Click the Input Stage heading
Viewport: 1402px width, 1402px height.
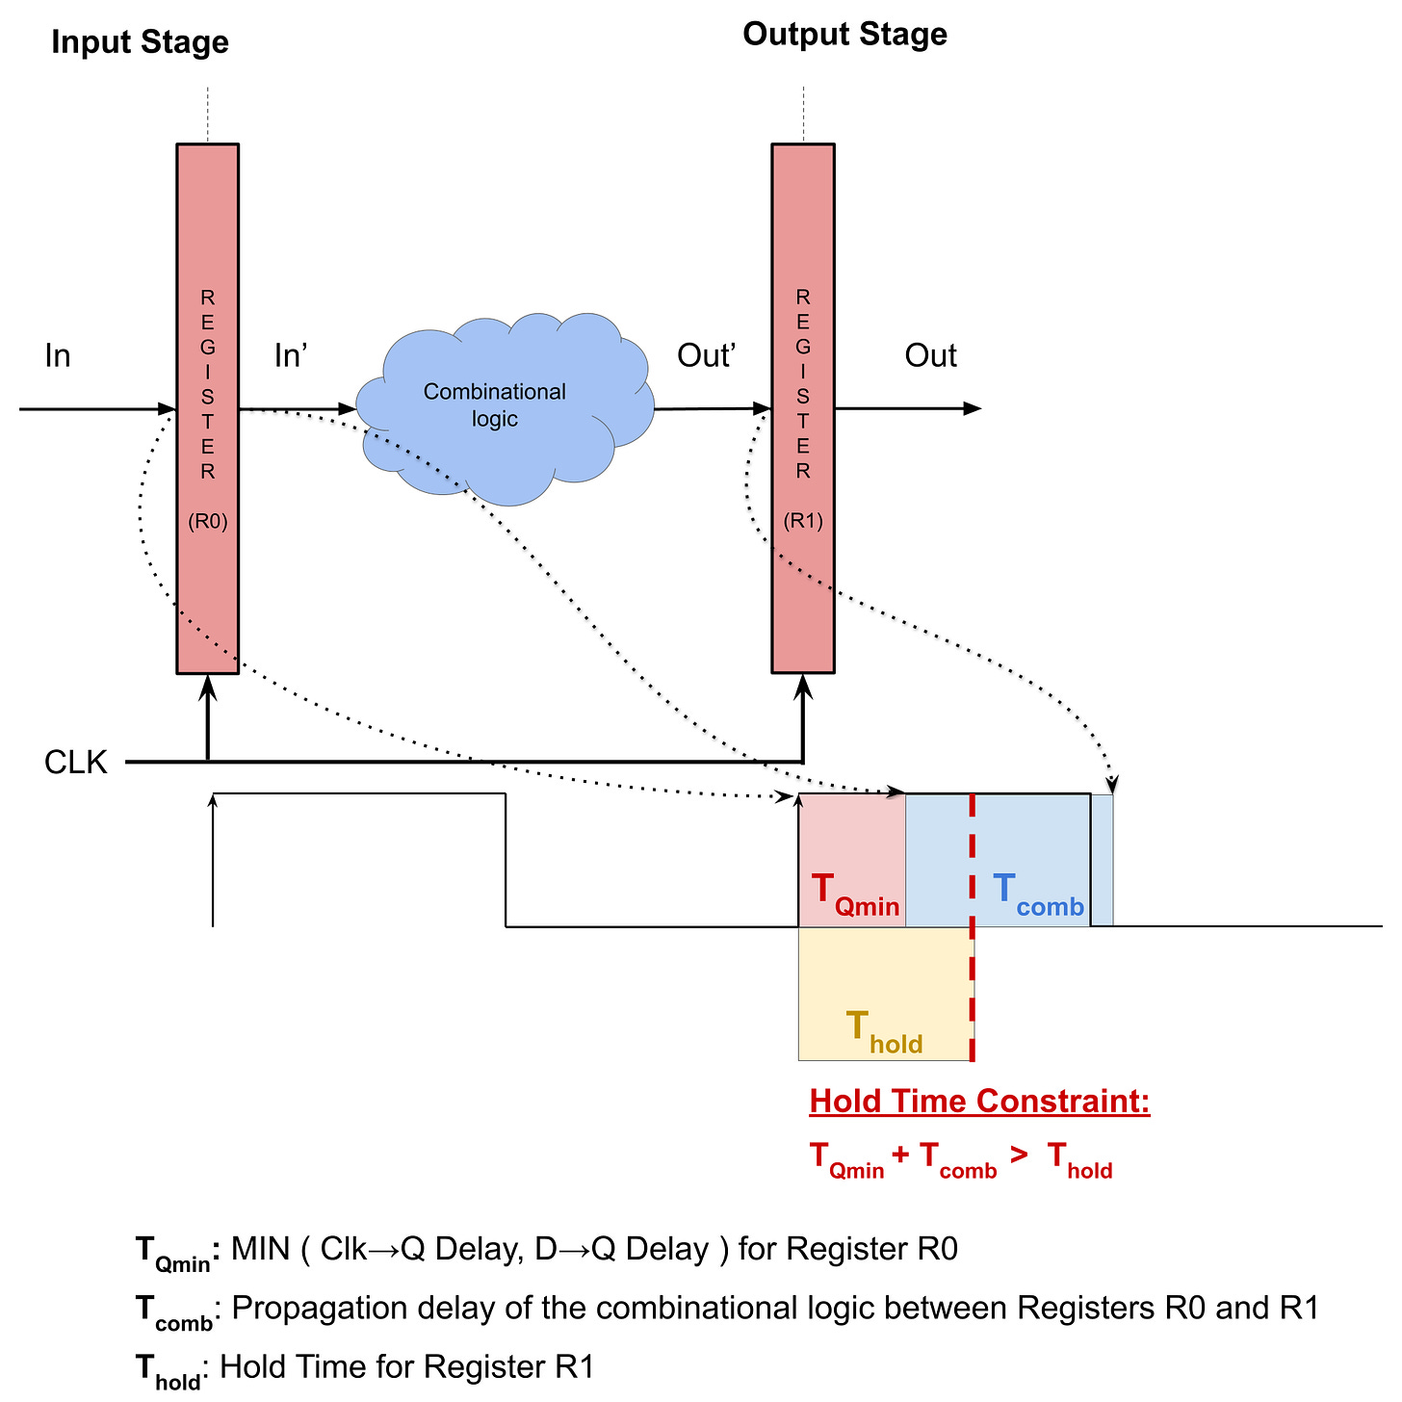click(x=140, y=42)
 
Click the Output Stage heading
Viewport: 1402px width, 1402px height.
click(x=844, y=35)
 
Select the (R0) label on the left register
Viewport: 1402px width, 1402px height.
click(x=207, y=522)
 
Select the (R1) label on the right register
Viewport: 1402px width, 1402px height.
click(x=803, y=521)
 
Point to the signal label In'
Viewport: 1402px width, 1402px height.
click(x=290, y=356)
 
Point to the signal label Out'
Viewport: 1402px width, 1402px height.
click(x=706, y=356)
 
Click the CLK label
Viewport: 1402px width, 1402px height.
click(x=76, y=763)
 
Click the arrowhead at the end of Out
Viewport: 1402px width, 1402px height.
click(x=973, y=408)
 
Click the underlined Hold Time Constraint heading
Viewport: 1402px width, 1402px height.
click(x=979, y=1101)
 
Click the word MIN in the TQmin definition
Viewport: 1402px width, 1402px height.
click(x=260, y=1249)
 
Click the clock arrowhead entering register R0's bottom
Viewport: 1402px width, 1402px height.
click(x=207, y=685)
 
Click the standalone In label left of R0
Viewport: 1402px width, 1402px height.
click(x=58, y=356)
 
